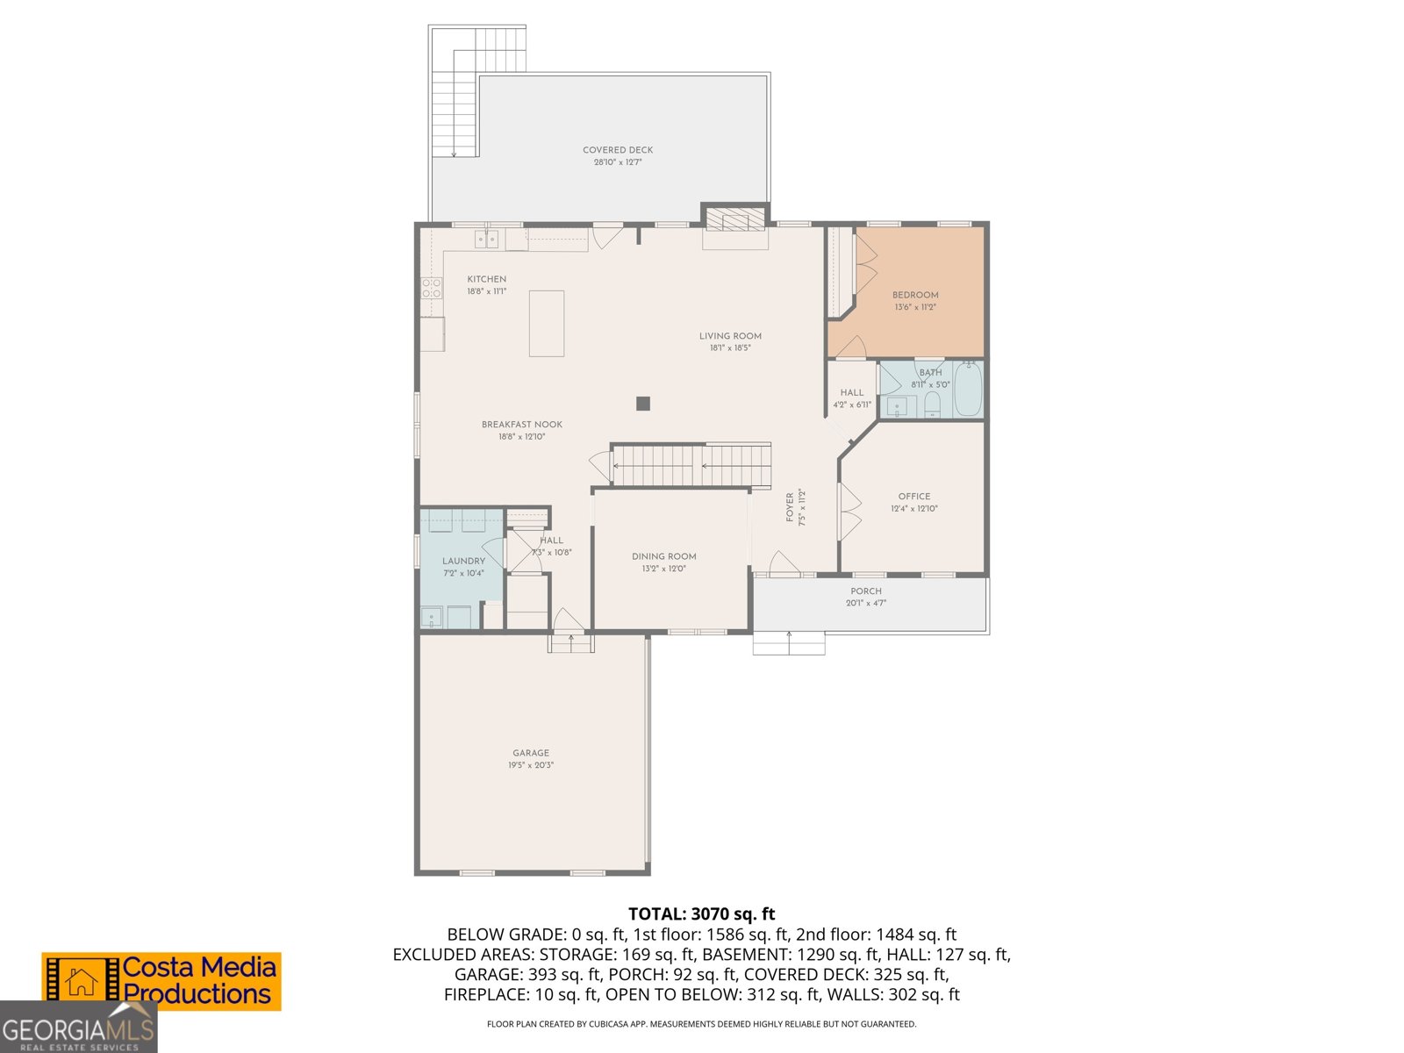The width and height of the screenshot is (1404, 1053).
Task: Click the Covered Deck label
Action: pyautogui.click(x=618, y=150)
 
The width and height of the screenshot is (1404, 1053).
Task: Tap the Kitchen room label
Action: pyautogui.click(x=486, y=279)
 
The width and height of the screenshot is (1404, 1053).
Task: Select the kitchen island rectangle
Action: pyautogui.click(x=546, y=324)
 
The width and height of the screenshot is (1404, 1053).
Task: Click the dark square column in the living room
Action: pyautogui.click(x=643, y=404)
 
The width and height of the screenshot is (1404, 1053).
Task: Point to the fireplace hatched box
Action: pyautogui.click(x=735, y=219)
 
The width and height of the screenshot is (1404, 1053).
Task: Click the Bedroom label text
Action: pyautogui.click(x=915, y=295)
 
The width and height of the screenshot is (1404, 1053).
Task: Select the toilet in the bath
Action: pyautogui.click(x=932, y=405)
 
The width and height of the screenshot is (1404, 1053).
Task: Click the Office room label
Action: pyautogui.click(x=913, y=497)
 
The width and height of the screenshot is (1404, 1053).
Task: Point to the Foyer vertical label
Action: pyautogui.click(x=790, y=507)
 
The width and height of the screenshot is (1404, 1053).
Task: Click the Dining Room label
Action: pyautogui.click(x=663, y=556)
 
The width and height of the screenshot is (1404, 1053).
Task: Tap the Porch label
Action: pyautogui.click(x=865, y=591)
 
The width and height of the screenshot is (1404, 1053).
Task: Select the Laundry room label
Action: pyautogui.click(x=463, y=562)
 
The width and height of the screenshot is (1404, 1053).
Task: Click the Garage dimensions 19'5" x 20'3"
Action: pyautogui.click(x=531, y=765)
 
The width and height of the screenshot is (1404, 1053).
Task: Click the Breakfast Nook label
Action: pyautogui.click(x=521, y=425)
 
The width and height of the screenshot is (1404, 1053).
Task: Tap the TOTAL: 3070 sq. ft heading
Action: pyautogui.click(x=701, y=914)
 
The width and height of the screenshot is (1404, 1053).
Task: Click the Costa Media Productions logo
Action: pyautogui.click(x=162, y=981)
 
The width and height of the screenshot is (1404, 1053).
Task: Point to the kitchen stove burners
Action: pyautogui.click(x=431, y=288)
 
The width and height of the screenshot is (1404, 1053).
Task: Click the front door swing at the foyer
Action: pyautogui.click(x=784, y=563)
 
